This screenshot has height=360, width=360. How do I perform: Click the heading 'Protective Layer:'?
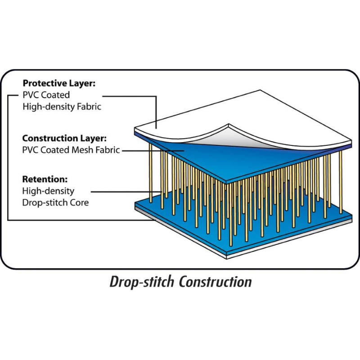59,83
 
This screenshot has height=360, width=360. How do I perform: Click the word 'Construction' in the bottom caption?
215,282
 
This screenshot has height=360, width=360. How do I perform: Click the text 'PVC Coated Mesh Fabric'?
71,150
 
